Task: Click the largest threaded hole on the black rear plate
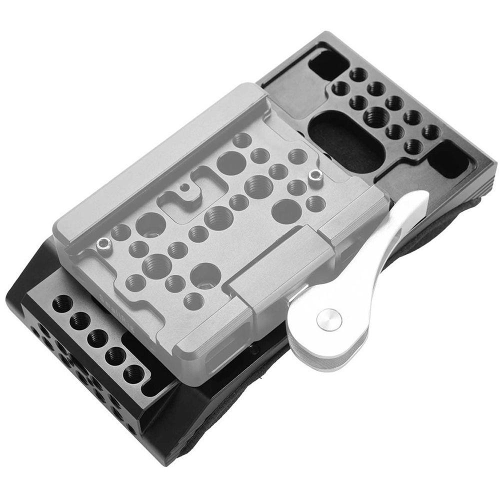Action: [x=374, y=117]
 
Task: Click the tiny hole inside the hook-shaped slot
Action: [x=184, y=188]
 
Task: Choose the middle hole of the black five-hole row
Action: [x=97, y=338]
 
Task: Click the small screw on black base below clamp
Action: [x=255, y=350]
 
